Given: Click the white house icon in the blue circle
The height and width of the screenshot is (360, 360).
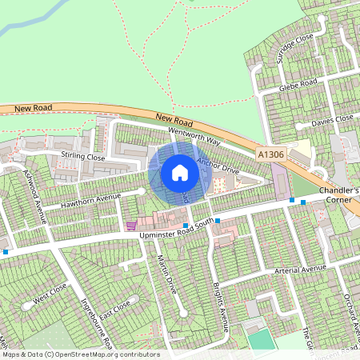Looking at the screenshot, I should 179,173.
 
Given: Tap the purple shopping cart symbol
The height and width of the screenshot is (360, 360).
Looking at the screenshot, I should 130,226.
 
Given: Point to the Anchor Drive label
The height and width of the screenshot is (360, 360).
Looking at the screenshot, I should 218,166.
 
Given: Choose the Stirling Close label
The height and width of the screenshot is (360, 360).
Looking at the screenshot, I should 83,157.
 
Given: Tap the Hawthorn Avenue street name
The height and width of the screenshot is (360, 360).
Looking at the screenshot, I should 95,201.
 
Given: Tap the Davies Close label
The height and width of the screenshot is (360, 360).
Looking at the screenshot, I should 332,121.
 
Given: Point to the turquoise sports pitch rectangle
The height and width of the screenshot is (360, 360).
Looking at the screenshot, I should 260,338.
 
